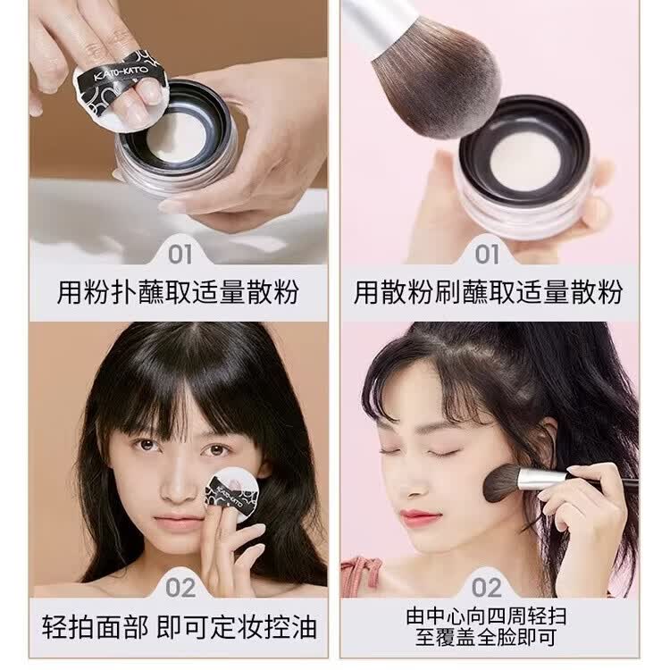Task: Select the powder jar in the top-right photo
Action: pos(523,165)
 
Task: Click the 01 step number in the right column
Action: pos(487,255)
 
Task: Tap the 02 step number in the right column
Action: pos(487,588)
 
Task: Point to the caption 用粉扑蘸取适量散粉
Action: pos(178,292)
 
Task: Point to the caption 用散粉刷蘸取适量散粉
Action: pos(488,292)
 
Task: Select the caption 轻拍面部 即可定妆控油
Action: pos(178,624)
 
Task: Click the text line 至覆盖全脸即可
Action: pos(488,638)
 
